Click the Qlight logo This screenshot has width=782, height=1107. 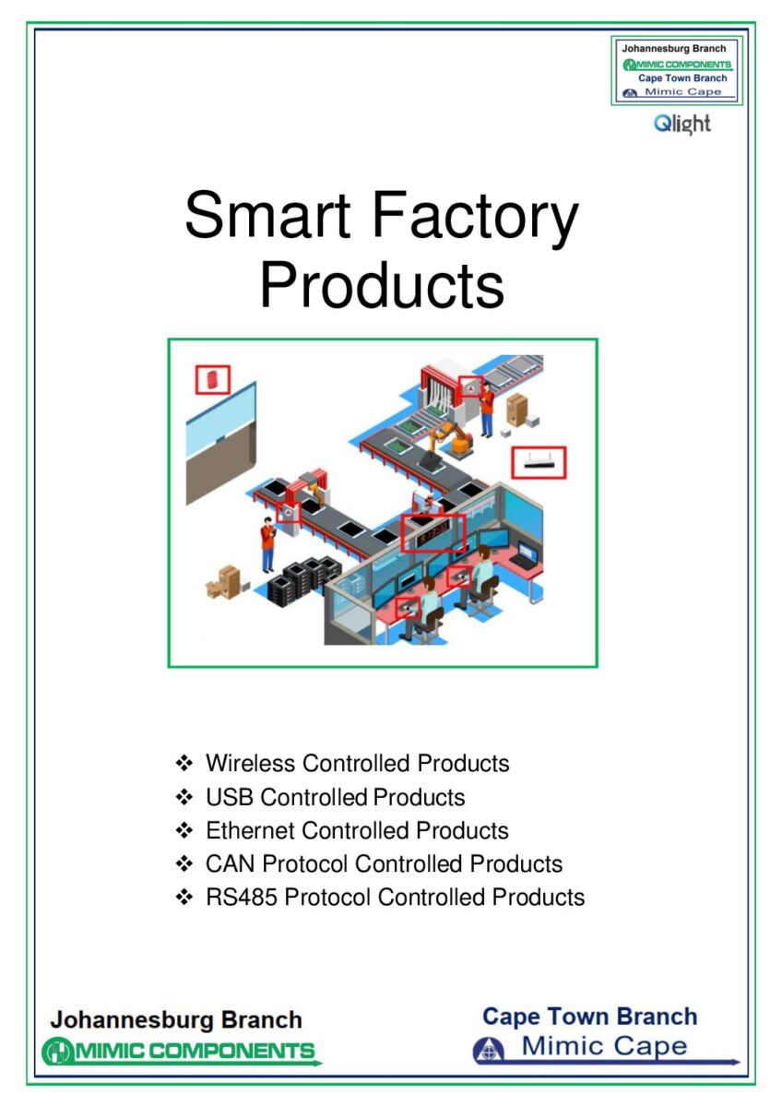pos(681,124)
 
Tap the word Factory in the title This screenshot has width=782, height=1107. pos(475,220)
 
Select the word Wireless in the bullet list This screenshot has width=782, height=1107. pos(251,763)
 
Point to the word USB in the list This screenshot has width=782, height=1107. pos(230,797)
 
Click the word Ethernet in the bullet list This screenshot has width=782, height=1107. pos(250,830)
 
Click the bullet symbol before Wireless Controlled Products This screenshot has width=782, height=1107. pos(184,764)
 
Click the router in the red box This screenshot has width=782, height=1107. pos(538,462)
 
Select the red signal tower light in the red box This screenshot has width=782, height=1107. pos(212,379)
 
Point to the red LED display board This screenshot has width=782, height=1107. pos(432,532)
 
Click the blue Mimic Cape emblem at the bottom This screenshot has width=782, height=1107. pos(488,1050)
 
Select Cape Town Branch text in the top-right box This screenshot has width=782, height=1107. pos(682,78)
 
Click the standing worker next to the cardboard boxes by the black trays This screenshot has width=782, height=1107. pos(267,544)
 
